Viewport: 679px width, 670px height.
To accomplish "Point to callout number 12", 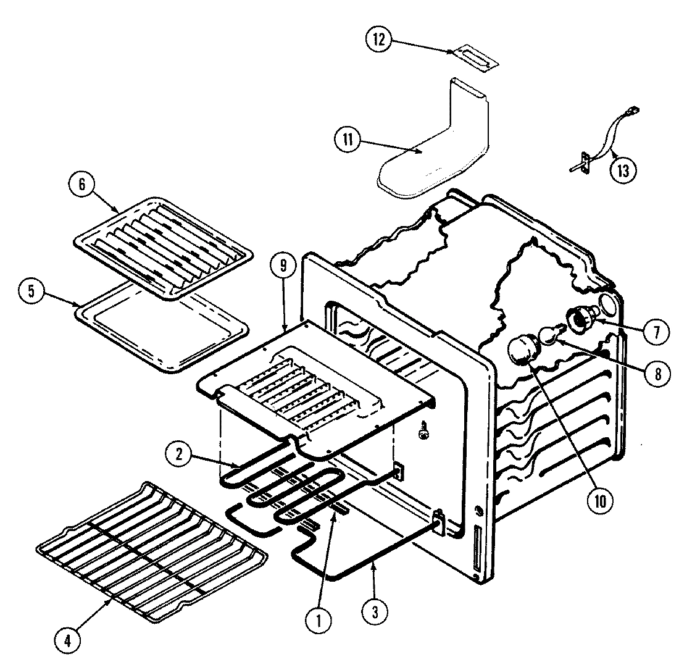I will click(x=378, y=40).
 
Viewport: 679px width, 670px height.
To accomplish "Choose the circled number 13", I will click(x=622, y=169).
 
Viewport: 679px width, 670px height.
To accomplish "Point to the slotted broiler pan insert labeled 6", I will click(x=164, y=247).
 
